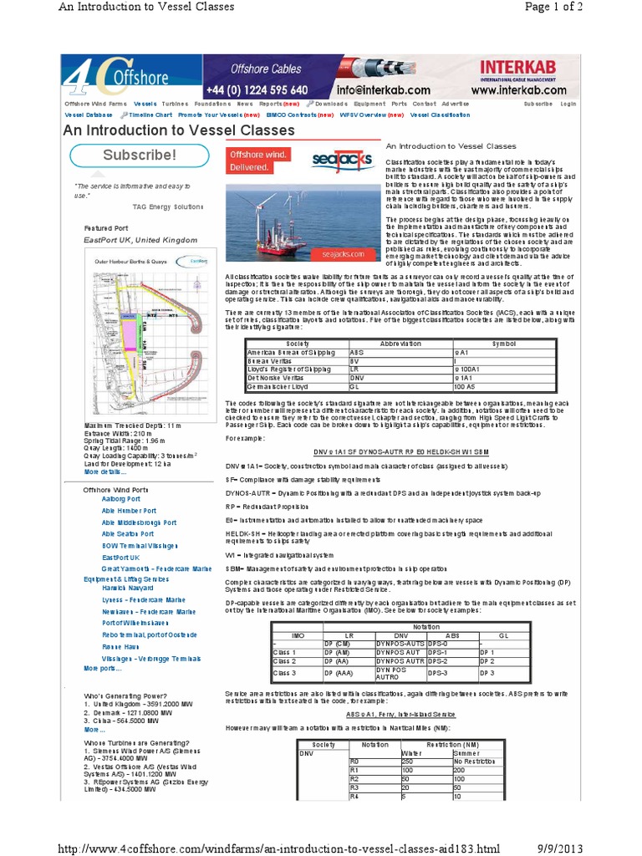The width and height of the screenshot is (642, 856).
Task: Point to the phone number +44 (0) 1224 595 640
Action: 257,89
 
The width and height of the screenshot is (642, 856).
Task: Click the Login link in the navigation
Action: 568,104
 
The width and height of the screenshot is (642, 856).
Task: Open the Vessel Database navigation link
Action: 88,115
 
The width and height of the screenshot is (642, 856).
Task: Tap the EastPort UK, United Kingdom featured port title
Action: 140,240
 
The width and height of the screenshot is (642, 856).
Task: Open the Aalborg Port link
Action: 121,499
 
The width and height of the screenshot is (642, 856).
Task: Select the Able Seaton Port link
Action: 128,533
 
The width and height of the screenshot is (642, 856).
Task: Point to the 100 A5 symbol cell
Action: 465,386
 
